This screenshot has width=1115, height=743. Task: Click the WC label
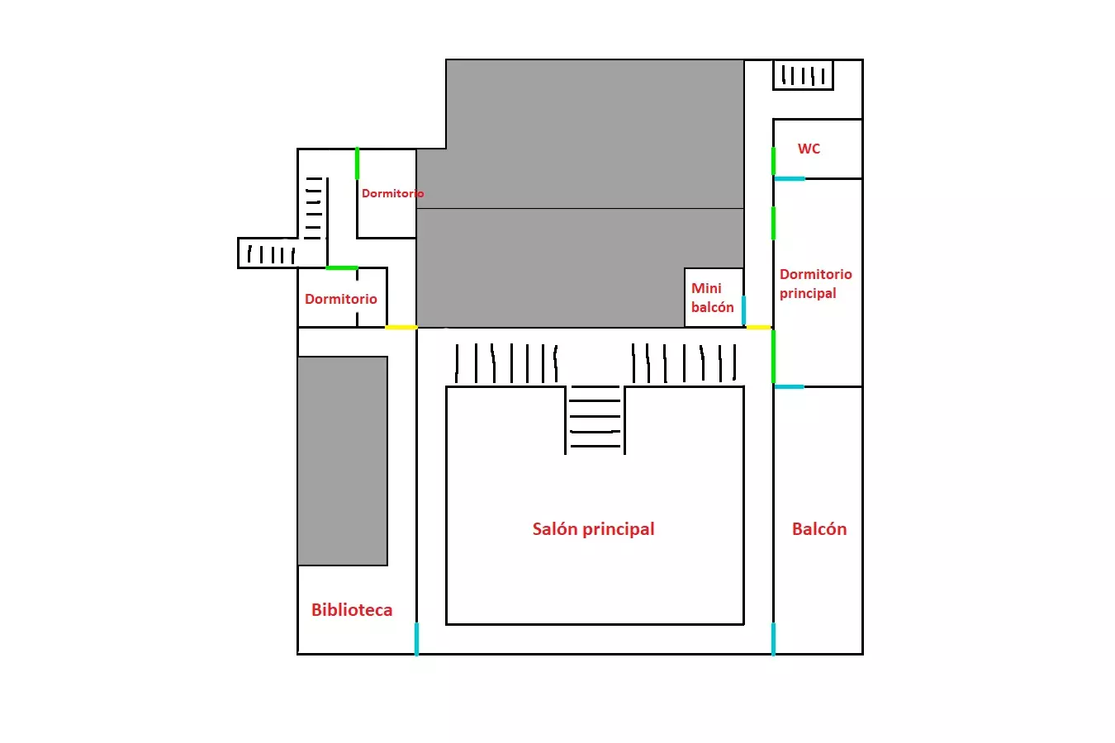[x=809, y=149]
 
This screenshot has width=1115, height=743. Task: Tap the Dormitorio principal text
[x=815, y=283]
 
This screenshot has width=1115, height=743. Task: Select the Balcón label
[x=818, y=529]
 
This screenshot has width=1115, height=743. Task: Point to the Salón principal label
[x=593, y=529]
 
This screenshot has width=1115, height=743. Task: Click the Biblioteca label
[x=352, y=610]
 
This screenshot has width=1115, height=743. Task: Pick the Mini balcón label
[x=712, y=297]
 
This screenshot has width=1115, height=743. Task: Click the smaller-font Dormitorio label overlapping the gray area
[x=392, y=193]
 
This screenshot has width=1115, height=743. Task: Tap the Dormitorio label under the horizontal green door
[x=340, y=299]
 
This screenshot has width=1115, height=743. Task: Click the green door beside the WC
[x=773, y=161]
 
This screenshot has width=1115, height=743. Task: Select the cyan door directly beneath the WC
[x=790, y=178]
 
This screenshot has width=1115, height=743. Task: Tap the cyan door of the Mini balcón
[x=743, y=310]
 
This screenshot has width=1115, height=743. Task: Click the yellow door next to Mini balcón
[x=758, y=327]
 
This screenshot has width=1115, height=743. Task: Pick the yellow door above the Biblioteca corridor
[x=401, y=327]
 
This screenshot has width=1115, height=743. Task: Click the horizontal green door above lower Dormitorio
[x=341, y=267]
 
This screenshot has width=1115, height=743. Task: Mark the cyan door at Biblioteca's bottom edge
[x=416, y=639]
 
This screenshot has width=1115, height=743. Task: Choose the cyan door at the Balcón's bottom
[x=773, y=639]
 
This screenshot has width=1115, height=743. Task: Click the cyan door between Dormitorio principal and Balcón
[x=790, y=386]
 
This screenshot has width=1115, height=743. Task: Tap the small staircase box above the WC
[x=803, y=75]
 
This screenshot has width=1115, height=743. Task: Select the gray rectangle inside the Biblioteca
[x=343, y=461]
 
